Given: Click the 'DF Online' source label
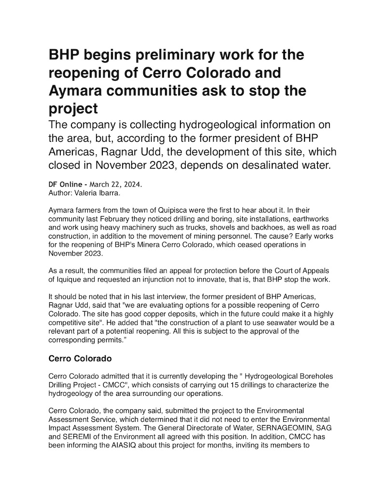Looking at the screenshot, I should [x=66, y=185].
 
